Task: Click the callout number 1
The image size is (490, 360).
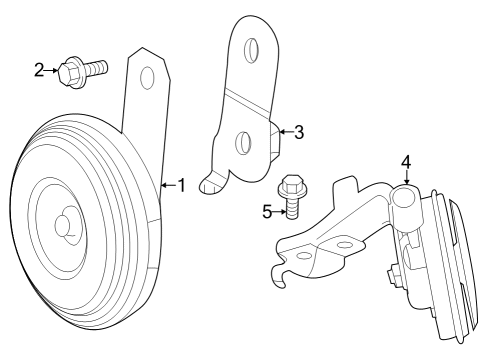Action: [x=182, y=185]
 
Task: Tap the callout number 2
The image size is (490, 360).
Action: [x=39, y=70]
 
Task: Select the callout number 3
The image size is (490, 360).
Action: [x=299, y=132]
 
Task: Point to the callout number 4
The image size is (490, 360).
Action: [x=406, y=163]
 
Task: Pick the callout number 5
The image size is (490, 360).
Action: [x=267, y=212]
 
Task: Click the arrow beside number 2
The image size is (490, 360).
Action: [x=51, y=70]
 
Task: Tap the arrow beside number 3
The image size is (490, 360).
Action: [x=286, y=132]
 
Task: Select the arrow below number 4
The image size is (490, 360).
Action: [x=406, y=177]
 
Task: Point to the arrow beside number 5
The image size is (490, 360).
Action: [x=279, y=212]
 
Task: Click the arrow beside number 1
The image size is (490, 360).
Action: [x=169, y=185]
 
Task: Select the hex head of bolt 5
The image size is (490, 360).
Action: [x=292, y=186]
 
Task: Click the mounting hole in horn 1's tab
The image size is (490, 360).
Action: [x=148, y=78]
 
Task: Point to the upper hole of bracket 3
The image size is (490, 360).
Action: [x=251, y=50]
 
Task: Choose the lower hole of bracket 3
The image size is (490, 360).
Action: [x=242, y=143]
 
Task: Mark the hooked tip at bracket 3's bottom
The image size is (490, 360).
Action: [x=208, y=183]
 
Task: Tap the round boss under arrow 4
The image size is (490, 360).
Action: [x=404, y=197]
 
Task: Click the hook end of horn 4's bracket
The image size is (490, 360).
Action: [x=279, y=276]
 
